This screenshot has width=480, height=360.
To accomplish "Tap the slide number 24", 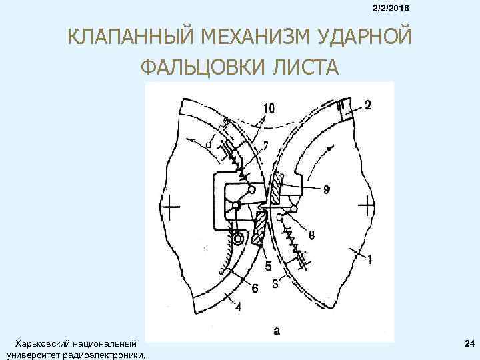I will (468, 343).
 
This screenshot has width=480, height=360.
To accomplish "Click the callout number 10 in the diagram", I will (269, 108).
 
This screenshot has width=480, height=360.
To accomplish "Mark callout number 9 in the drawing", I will (326, 189).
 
